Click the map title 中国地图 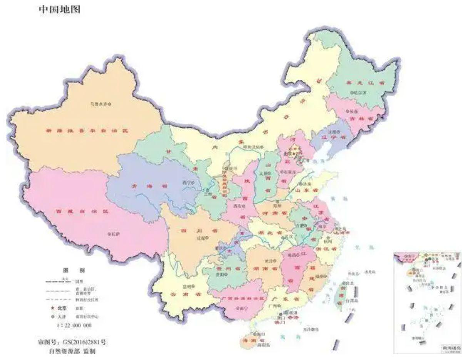click(60, 10)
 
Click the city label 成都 click(201, 238)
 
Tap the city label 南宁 click(242, 308)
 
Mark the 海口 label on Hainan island click(258, 334)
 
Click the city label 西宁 click(187, 183)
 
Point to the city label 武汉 click(288, 237)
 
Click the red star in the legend click(52, 308)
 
